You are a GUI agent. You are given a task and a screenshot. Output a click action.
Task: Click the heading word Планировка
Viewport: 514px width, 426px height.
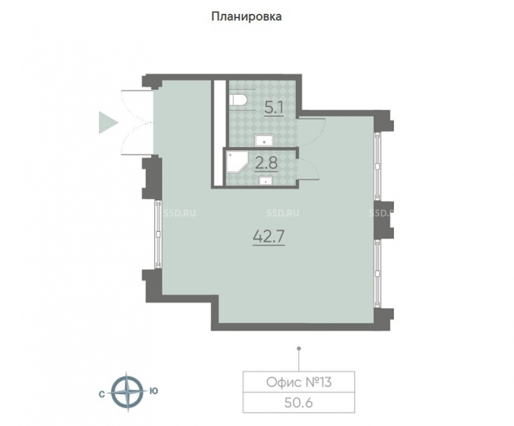pos(246,16)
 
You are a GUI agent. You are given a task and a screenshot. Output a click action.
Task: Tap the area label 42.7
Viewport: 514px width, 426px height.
pos(269,236)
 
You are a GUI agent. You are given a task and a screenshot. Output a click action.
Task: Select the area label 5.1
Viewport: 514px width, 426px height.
pos(274,108)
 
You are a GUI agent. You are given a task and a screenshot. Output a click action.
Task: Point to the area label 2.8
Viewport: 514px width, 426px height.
pos(266,163)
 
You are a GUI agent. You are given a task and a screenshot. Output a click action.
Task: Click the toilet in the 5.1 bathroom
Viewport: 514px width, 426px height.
pos(238,100)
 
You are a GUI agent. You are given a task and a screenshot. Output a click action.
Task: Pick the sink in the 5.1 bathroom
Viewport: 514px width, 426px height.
pos(265,140)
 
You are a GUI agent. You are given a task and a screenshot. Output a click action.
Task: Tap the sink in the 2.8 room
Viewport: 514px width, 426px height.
pos(266,180)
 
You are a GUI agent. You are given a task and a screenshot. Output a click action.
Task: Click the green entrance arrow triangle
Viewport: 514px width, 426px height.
pos(108,122)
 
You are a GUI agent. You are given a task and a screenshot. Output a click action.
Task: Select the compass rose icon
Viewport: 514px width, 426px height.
pos(127,392)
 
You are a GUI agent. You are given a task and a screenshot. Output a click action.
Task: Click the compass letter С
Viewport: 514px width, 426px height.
pos(102,395)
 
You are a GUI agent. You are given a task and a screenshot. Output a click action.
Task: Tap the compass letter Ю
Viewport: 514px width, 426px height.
pos(153,391)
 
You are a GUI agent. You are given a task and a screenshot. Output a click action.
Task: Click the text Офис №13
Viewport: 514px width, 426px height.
pos(299,382)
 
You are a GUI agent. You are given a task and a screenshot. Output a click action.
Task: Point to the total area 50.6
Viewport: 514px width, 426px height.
pos(299,402)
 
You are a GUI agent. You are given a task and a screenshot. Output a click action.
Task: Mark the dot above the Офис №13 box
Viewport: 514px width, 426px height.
pos(299,348)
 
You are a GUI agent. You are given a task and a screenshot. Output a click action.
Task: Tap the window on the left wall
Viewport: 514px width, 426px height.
pos(158,234)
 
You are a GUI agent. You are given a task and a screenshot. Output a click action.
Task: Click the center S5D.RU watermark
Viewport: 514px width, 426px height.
pos(283,213)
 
